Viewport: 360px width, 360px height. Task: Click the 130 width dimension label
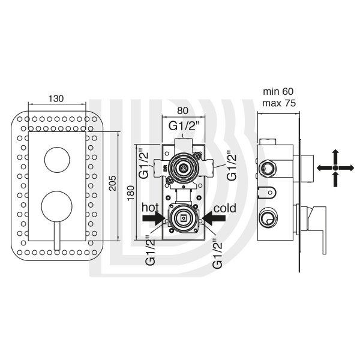(56, 99)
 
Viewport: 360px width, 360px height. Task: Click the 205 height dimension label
(113, 183)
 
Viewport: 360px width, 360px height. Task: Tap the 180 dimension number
(131, 193)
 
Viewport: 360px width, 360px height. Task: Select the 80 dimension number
(182, 110)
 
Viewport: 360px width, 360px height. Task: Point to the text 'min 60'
(278, 92)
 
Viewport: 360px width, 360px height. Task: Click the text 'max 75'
(279, 103)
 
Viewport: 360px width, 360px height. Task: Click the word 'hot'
(150, 208)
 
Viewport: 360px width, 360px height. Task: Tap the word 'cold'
(225, 208)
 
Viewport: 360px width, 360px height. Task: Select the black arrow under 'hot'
(154, 218)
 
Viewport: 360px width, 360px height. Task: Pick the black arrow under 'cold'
(214, 218)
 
